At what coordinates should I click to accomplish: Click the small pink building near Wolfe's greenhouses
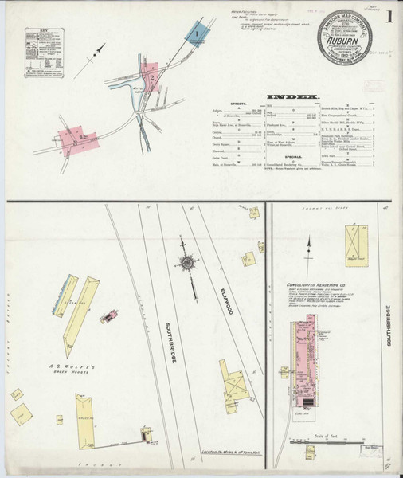107,317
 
